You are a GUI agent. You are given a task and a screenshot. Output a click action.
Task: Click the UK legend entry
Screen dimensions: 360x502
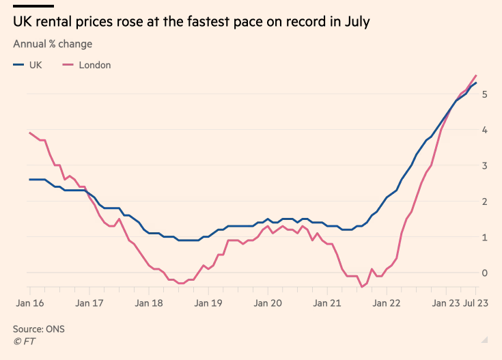[x=28, y=66]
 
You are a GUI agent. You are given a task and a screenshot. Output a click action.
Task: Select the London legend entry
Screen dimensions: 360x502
[x=87, y=66]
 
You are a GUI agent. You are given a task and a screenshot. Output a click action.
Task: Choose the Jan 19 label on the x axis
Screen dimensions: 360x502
[x=208, y=303]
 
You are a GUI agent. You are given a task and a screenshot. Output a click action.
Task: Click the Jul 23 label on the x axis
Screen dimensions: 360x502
[x=475, y=303]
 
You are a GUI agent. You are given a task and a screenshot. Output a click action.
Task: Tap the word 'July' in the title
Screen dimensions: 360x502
[x=355, y=23]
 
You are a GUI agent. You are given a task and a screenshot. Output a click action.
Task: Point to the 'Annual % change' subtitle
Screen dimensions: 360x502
[x=53, y=44]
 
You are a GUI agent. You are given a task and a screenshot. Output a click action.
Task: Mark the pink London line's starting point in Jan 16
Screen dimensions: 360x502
[x=30, y=133]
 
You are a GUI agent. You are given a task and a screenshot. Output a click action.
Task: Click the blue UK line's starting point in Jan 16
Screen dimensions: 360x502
[x=30, y=180]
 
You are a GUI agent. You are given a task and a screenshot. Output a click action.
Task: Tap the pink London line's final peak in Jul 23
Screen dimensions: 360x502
[x=476, y=75]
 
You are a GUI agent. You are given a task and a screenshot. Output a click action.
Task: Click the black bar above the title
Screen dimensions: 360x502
[x=33, y=7]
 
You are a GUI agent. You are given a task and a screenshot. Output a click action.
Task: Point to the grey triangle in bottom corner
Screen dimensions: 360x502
[x=484, y=339]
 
